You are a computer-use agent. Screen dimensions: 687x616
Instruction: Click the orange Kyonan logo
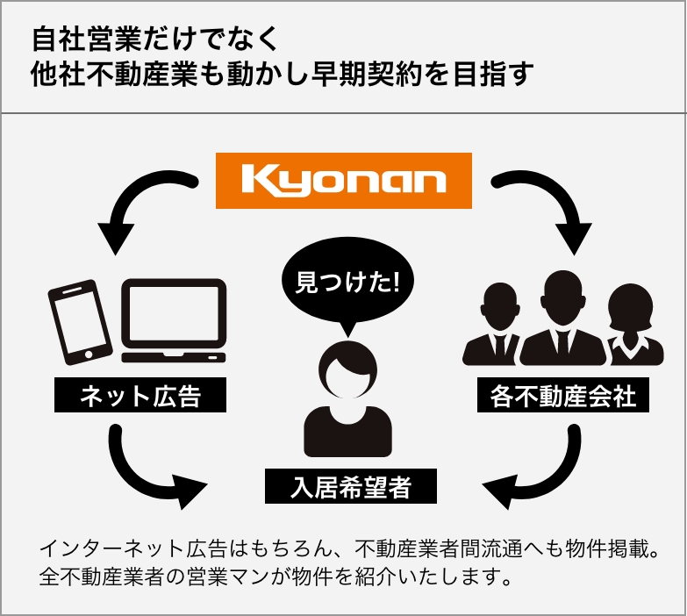(344, 181)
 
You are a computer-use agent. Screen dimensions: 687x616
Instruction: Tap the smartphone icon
(80, 322)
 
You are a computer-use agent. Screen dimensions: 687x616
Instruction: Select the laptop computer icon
(174, 320)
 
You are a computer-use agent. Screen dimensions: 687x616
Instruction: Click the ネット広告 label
(140, 395)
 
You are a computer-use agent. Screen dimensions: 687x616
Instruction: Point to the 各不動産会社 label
(563, 395)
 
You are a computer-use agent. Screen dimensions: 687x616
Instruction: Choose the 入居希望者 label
(351, 486)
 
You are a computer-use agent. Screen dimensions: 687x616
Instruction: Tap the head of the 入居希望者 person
(347, 370)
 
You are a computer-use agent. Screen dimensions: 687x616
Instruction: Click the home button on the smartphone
(89, 354)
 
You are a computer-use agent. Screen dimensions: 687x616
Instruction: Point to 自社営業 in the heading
(87, 39)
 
